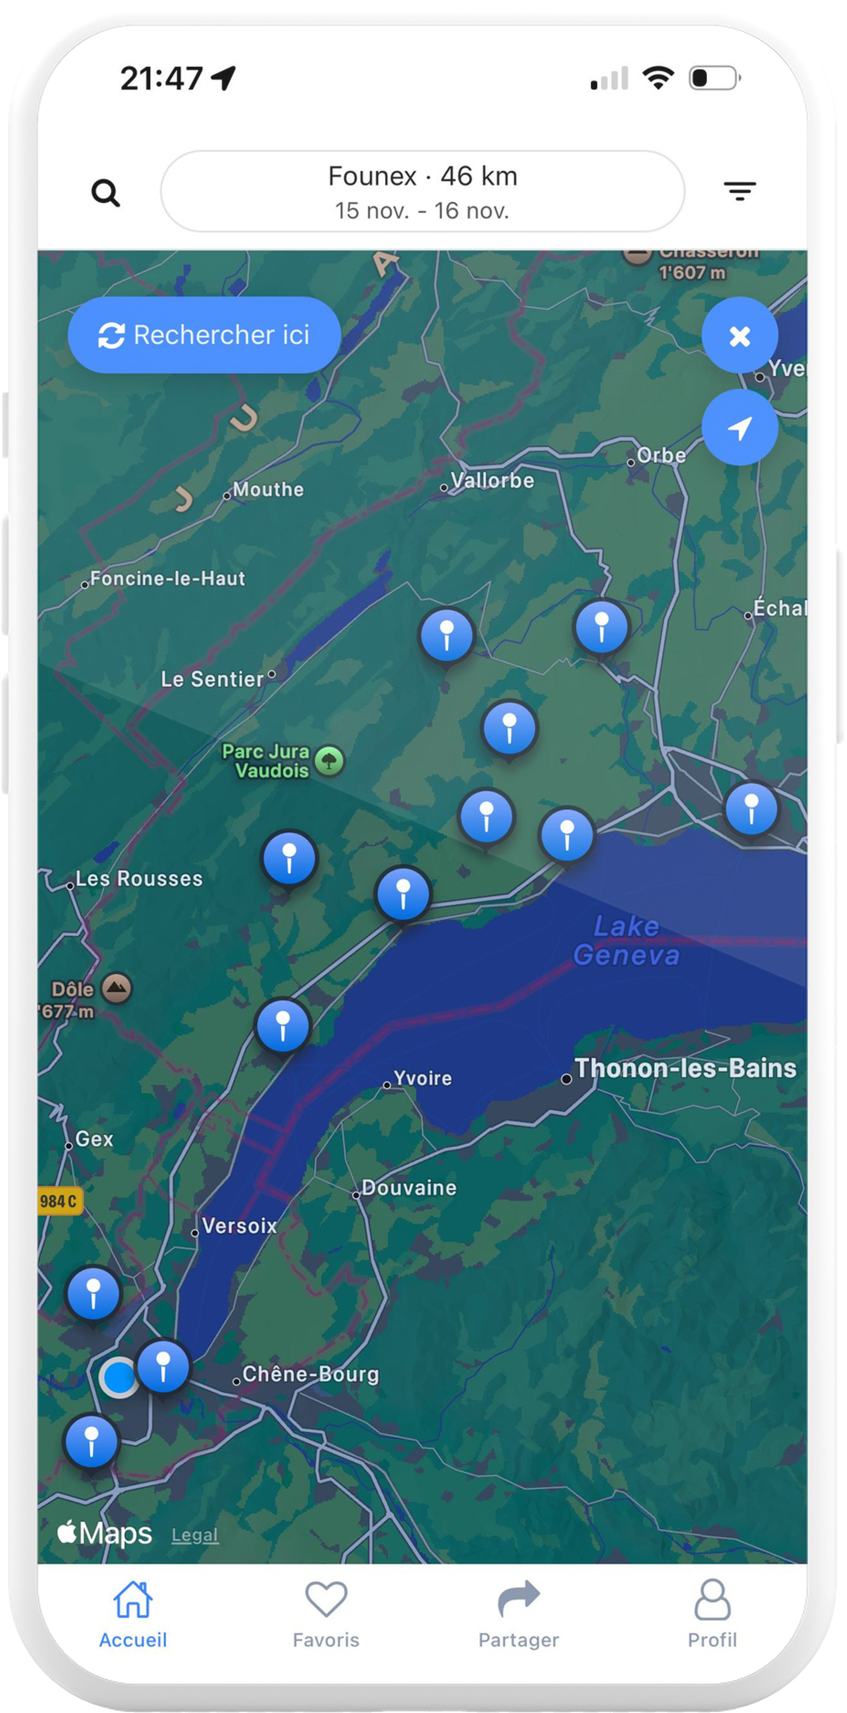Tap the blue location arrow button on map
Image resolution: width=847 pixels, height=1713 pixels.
(x=739, y=427)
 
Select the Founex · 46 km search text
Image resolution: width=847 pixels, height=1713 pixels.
(x=423, y=176)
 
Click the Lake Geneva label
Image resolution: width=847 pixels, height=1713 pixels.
(x=626, y=940)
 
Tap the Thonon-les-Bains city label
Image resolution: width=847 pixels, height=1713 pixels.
(x=685, y=1068)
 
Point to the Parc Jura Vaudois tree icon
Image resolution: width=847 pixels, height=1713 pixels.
(x=329, y=761)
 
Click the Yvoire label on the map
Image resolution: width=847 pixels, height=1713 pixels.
(x=423, y=1078)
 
